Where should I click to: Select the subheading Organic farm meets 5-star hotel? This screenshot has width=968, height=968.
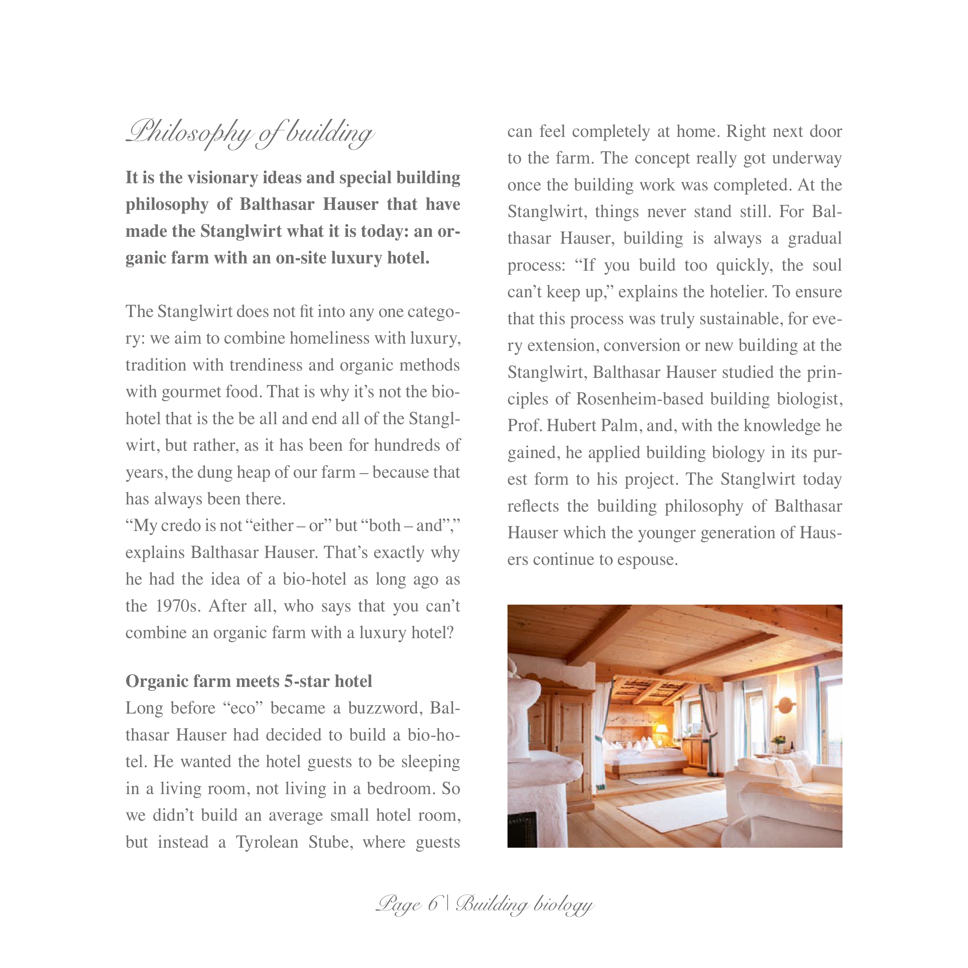[x=249, y=681]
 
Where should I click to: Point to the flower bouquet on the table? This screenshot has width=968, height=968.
[x=778, y=741]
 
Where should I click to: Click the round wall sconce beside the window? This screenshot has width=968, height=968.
[x=785, y=706]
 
